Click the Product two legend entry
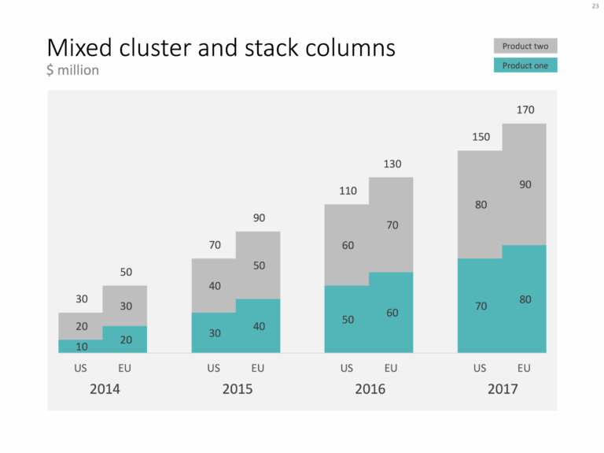[525, 46]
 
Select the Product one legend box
[525, 65]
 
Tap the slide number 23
[595, 7]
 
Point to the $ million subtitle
[72, 71]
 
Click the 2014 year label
[105, 388]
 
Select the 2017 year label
[503, 388]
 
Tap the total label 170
[525, 110]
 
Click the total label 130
[392, 164]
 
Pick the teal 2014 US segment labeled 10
[82, 346]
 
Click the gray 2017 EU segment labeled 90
[525, 184]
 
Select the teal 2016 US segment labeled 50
[347, 319]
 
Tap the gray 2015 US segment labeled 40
[215, 285]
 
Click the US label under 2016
[347, 368]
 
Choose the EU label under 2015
[258, 368]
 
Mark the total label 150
[481, 136]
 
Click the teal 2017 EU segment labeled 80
[525, 299]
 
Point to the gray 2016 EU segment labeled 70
[392, 225]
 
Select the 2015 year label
[238, 388]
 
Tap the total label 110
[348, 191]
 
